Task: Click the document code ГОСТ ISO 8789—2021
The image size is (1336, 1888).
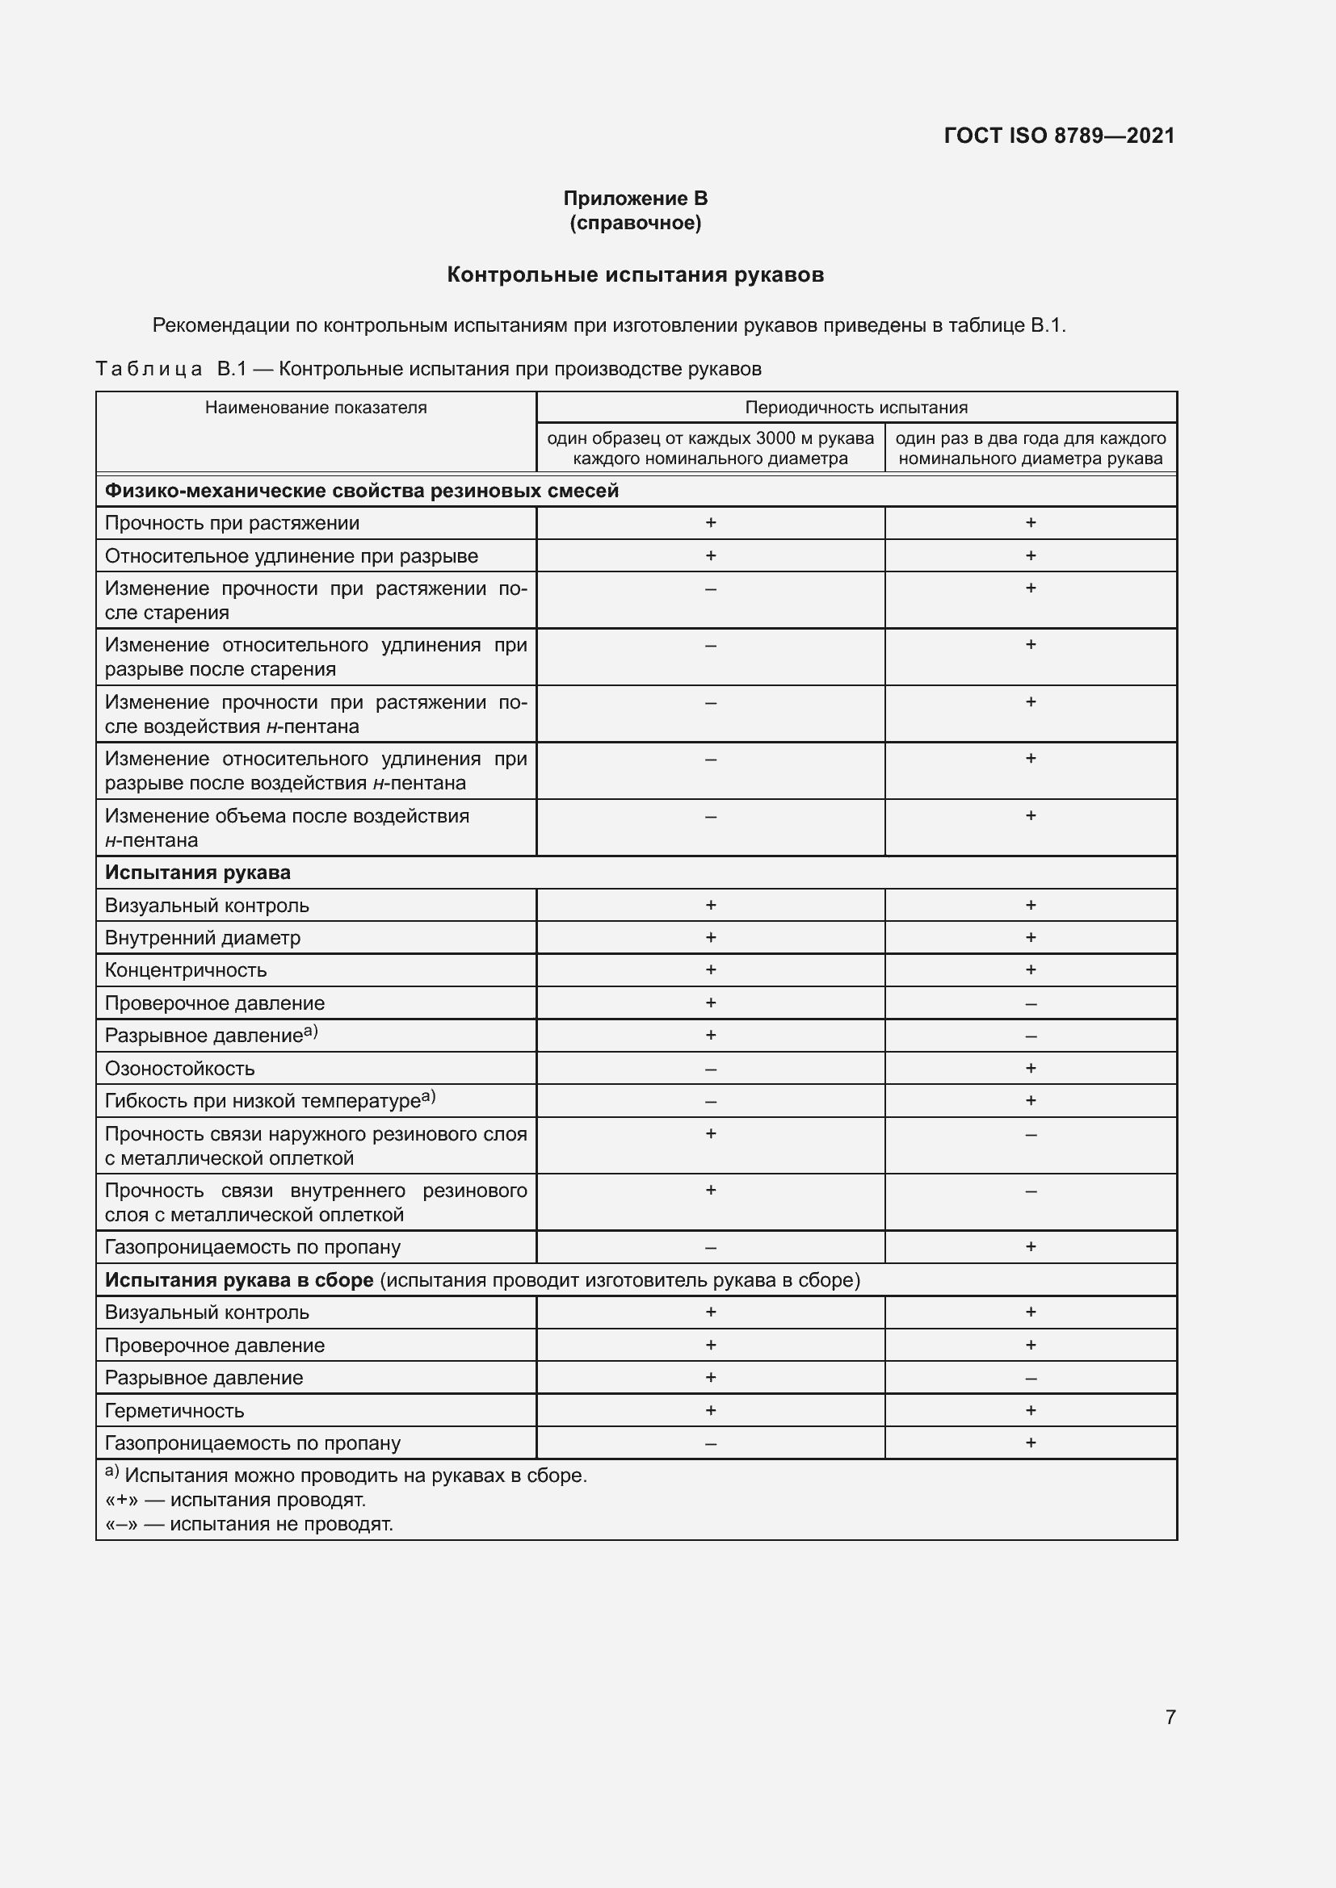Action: point(1059,136)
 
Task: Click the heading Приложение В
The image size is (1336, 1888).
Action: point(635,199)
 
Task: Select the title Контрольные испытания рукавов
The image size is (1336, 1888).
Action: point(635,274)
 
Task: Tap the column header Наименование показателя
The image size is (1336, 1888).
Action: point(316,408)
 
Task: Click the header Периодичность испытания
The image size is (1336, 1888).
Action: point(855,408)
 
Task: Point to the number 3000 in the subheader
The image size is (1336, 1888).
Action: point(775,438)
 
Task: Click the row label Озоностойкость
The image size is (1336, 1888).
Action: point(180,1069)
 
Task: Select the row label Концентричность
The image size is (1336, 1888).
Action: point(186,970)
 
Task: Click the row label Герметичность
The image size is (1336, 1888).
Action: point(174,1411)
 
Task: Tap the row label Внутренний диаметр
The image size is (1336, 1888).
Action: point(203,938)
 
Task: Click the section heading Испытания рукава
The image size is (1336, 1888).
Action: point(197,873)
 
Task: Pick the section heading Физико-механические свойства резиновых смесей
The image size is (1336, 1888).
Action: point(361,491)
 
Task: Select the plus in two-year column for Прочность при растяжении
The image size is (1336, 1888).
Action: point(1031,523)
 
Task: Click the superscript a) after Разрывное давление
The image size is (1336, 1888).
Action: point(311,1031)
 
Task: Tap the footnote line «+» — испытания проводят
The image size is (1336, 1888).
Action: point(235,1501)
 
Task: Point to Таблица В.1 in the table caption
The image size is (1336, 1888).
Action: point(171,369)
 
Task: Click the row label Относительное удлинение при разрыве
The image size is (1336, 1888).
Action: point(292,557)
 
